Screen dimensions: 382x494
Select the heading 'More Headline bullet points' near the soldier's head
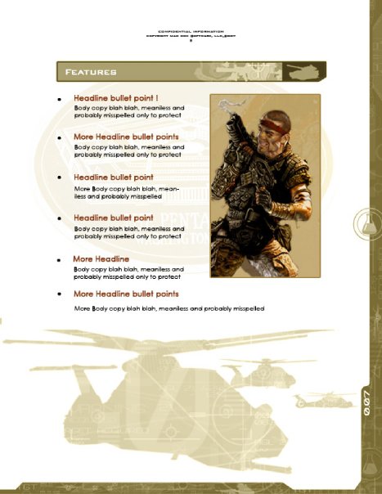coord(126,137)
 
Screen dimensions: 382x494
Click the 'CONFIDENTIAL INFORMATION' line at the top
coord(190,31)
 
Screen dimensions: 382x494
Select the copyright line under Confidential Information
coord(190,36)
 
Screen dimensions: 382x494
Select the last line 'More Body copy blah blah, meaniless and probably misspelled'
coord(169,308)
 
